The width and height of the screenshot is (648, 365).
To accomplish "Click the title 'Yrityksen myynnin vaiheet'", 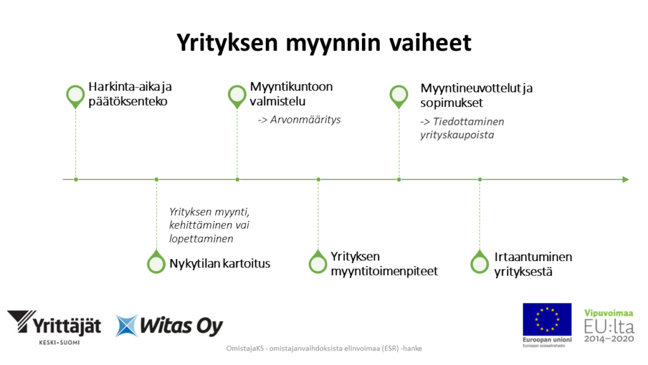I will [x=323, y=43].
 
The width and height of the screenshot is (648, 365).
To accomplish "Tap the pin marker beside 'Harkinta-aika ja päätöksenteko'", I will [x=75, y=96].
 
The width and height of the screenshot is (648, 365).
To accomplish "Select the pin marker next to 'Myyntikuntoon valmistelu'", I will [x=237, y=96].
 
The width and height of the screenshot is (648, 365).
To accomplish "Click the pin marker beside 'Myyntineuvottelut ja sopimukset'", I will [x=398, y=96].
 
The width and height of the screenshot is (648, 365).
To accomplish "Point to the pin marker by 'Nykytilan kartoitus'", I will [x=156, y=262].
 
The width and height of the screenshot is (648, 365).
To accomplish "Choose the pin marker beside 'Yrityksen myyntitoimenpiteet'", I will [x=318, y=262].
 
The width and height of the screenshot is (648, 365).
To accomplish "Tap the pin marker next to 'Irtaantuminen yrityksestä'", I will [x=480, y=262].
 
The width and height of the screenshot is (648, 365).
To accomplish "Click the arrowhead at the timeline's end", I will [x=625, y=179].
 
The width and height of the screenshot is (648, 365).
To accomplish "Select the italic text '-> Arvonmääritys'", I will [x=299, y=119].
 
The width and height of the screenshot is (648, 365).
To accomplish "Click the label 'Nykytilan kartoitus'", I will [x=219, y=263].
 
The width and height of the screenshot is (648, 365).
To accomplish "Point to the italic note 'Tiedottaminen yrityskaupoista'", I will [x=462, y=128].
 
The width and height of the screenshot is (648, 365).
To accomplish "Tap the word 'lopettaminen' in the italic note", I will [x=201, y=239].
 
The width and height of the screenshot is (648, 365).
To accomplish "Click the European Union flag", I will [x=547, y=320].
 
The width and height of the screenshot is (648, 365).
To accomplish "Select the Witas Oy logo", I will [x=170, y=326].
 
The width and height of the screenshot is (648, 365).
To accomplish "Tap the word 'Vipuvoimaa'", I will [x=609, y=314].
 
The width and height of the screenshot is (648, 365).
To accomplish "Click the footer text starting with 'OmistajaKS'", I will [x=324, y=349].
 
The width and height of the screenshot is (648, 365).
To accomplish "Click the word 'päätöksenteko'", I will [x=128, y=101].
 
